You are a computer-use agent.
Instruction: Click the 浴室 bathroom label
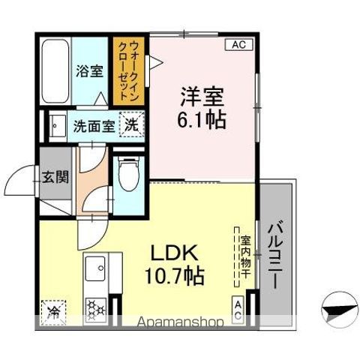[90, 71]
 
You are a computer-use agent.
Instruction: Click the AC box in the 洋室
[239, 46]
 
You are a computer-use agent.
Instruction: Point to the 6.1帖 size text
[202, 118]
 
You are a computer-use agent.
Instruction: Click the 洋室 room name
[202, 96]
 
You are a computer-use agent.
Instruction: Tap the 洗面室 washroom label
[94, 125]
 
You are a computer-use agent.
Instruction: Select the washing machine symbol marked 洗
[131, 124]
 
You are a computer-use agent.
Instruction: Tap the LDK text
[178, 251]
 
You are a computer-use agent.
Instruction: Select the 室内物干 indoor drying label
[244, 255]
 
